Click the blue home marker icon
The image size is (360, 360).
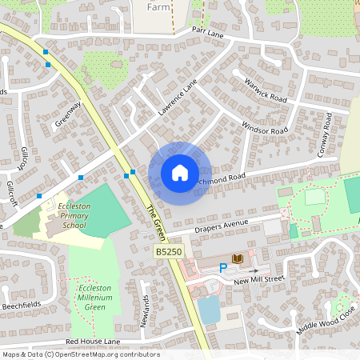click(179, 173)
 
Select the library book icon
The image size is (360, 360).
click(237, 258)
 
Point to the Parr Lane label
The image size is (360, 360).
click(206, 30)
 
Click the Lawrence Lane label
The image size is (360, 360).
click(177, 98)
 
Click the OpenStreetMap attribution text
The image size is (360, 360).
click(81, 354)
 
